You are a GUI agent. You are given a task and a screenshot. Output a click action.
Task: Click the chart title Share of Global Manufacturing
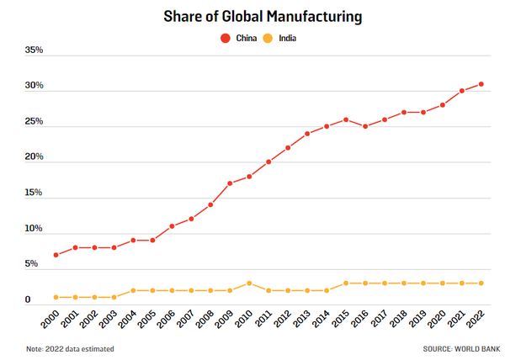tap(252, 17)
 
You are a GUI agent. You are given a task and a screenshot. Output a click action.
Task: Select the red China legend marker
tap(225, 37)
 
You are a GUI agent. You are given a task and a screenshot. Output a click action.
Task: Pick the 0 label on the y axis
tap(28, 299)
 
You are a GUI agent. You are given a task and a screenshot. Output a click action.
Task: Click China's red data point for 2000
tap(56, 255)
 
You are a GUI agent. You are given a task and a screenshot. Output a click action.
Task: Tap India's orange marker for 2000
tap(56, 297)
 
